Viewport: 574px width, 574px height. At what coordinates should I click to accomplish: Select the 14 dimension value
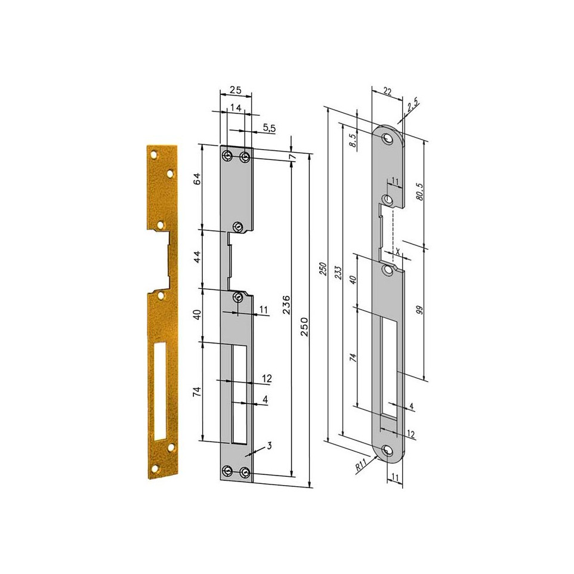pos(236,107)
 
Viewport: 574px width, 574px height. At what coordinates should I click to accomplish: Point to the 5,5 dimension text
pos(269,128)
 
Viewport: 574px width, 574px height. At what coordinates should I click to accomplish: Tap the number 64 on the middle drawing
pos(197,178)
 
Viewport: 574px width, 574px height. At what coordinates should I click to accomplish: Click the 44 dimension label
pos(197,257)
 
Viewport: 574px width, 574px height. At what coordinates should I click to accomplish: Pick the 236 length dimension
pos(286,304)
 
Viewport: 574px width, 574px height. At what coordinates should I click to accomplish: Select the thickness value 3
pos(270,446)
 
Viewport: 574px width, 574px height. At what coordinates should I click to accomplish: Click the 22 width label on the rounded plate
pos(387,91)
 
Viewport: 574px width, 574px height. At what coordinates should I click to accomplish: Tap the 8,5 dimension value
pos(353,140)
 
